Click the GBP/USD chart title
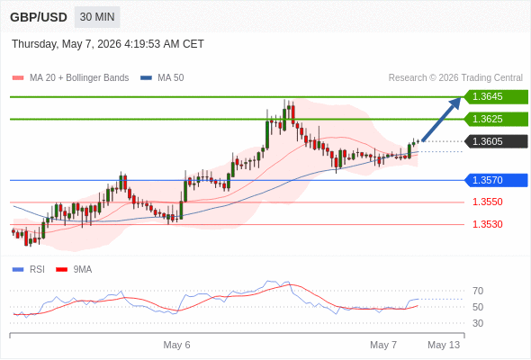[39, 17]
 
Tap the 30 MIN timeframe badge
[97, 17]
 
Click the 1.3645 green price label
[496, 97]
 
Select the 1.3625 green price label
[496, 119]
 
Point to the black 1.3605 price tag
[496, 141]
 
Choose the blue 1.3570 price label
[496, 180]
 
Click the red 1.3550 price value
[488, 202]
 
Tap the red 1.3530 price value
[488, 224]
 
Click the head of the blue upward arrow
[455, 102]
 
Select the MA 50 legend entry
[162, 78]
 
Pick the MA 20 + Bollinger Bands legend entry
[70, 78]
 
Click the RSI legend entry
[29, 270]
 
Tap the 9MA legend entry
[74, 270]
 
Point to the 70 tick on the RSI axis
[478, 291]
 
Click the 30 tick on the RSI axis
[478, 323]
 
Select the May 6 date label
[176, 345]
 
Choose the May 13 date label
[444, 345]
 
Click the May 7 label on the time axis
[383, 345]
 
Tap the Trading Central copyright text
[455, 78]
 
